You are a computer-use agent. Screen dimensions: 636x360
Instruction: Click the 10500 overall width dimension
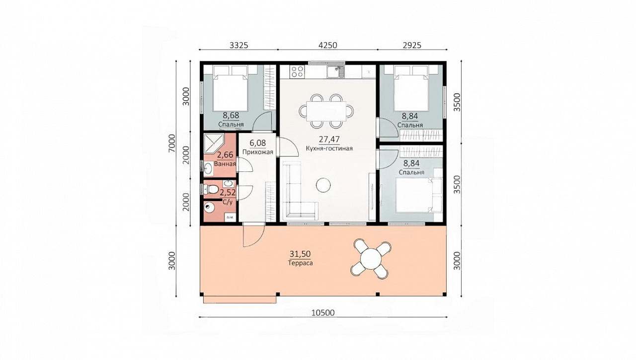[x=323, y=313]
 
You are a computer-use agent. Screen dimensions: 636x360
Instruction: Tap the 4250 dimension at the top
[x=327, y=45]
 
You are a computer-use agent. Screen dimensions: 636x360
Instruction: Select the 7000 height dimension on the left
[x=172, y=144]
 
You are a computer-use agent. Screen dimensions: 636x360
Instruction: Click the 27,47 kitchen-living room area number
[x=329, y=140]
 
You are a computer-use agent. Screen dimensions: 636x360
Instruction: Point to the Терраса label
[x=301, y=263]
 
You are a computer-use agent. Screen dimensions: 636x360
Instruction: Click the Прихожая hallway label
[x=257, y=152]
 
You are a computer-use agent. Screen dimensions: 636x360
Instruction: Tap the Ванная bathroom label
[x=225, y=164]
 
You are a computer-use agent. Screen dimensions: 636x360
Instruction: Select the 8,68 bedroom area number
[x=231, y=116]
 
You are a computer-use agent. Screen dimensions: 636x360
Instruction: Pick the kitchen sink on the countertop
[x=335, y=72]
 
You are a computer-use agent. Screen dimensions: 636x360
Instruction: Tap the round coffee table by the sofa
[x=323, y=185]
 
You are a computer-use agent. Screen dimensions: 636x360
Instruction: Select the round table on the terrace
[x=371, y=259]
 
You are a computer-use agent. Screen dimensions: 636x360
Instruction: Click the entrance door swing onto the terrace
[x=253, y=236]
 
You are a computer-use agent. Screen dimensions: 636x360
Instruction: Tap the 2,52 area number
[x=228, y=193]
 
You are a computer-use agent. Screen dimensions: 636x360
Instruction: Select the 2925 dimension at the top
[x=412, y=45]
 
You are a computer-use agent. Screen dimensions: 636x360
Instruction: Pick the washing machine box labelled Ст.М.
[x=230, y=217]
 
